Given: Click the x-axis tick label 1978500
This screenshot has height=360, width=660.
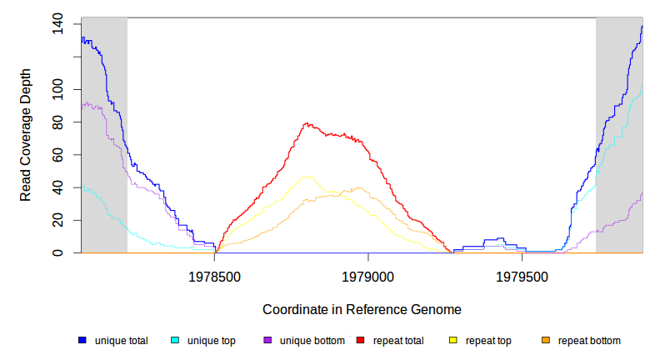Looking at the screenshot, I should (215, 274).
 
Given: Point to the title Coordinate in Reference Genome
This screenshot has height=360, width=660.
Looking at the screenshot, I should (362, 309).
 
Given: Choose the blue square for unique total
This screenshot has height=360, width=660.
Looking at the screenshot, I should (82, 340).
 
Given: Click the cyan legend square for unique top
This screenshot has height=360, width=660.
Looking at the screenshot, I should (175, 340).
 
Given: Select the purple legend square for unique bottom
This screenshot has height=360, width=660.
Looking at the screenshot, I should (267, 340).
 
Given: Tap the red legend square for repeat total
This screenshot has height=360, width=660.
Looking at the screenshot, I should (360, 340).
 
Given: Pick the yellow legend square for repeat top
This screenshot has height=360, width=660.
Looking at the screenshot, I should (453, 340).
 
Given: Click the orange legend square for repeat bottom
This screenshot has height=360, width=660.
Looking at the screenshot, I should (546, 340).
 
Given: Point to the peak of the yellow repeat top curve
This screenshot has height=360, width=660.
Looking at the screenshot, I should (308, 177).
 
